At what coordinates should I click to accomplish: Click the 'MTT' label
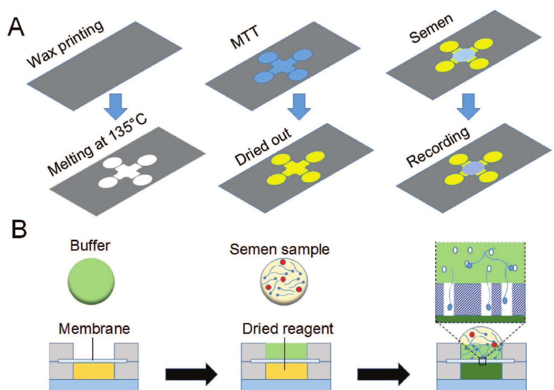pos(245,37)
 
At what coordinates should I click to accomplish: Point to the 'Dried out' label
pos(263,146)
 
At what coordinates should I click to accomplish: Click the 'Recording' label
pos(438,147)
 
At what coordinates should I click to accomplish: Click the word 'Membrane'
pos(94,329)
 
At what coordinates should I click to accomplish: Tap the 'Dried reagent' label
pos(288,329)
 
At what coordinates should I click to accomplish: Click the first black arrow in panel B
pos(192,374)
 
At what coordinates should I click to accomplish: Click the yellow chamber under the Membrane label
pos(94,371)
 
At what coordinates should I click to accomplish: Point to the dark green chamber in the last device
pos(481,372)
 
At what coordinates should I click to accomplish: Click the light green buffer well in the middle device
pos(286,351)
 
